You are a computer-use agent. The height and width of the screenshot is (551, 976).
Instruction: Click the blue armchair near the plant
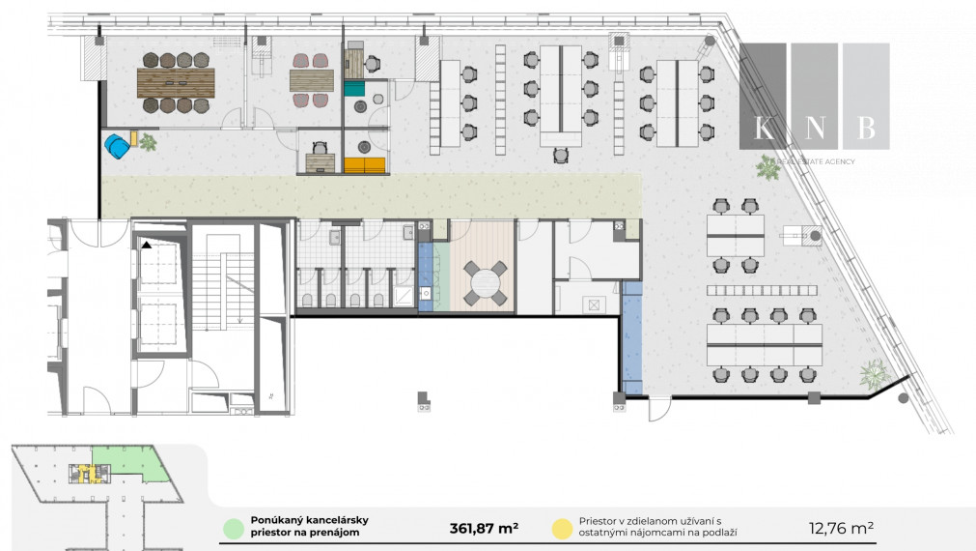pyautogui.click(x=117, y=146)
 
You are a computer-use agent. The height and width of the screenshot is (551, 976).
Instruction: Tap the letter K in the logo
pyautogui.click(x=763, y=128)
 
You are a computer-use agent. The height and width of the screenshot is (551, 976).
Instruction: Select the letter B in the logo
pyautogui.click(x=866, y=128)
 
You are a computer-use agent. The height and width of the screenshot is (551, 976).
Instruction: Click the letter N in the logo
pyautogui.click(x=814, y=128)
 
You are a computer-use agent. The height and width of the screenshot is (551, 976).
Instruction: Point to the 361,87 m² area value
pyautogui.click(x=484, y=528)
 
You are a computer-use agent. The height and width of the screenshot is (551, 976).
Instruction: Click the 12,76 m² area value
pyautogui.click(x=841, y=528)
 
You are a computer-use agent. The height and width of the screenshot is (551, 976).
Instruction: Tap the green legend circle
pyautogui.click(x=232, y=529)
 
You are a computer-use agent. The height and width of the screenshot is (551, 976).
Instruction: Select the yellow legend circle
pyautogui.click(x=560, y=529)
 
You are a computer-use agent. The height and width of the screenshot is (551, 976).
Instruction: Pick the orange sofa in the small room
pyautogui.click(x=364, y=165)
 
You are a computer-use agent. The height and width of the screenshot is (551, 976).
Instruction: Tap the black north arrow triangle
pyautogui.click(x=146, y=246)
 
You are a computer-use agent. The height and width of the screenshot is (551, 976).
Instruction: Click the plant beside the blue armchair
pyautogui.click(x=148, y=143)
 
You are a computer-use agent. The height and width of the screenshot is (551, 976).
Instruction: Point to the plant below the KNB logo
pyautogui.click(x=768, y=169)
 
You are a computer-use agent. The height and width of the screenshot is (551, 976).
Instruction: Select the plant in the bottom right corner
pyautogui.click(x=875, y=372)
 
